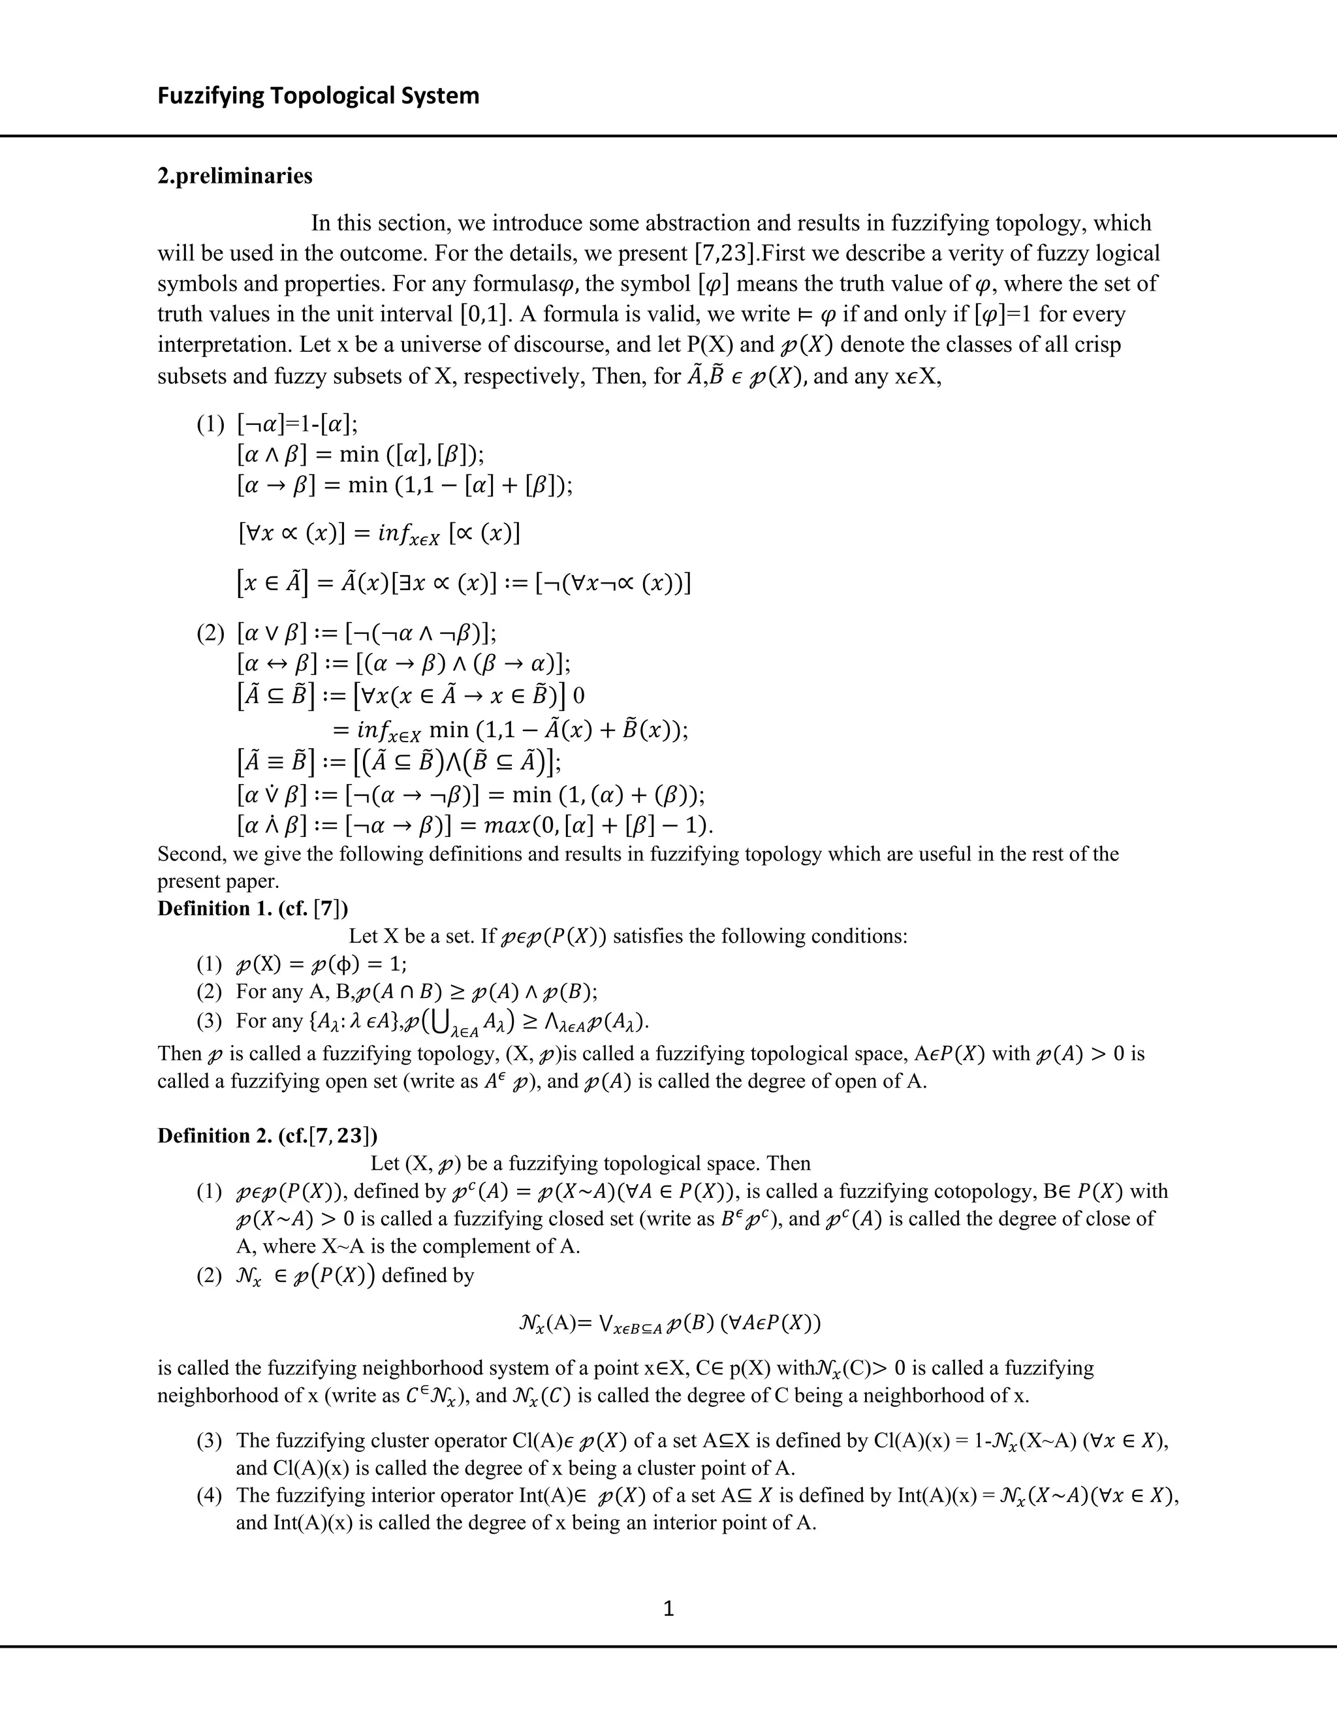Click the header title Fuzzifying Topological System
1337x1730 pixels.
(319, 96)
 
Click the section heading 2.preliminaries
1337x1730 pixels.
(234, 175)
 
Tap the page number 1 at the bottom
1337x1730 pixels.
(668, 1608)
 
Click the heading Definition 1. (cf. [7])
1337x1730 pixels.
(252, 908)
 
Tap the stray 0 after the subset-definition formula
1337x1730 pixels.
(578, 697)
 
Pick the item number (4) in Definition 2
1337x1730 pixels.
(211, 1496)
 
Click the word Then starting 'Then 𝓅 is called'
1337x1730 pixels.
(180, 1054)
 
